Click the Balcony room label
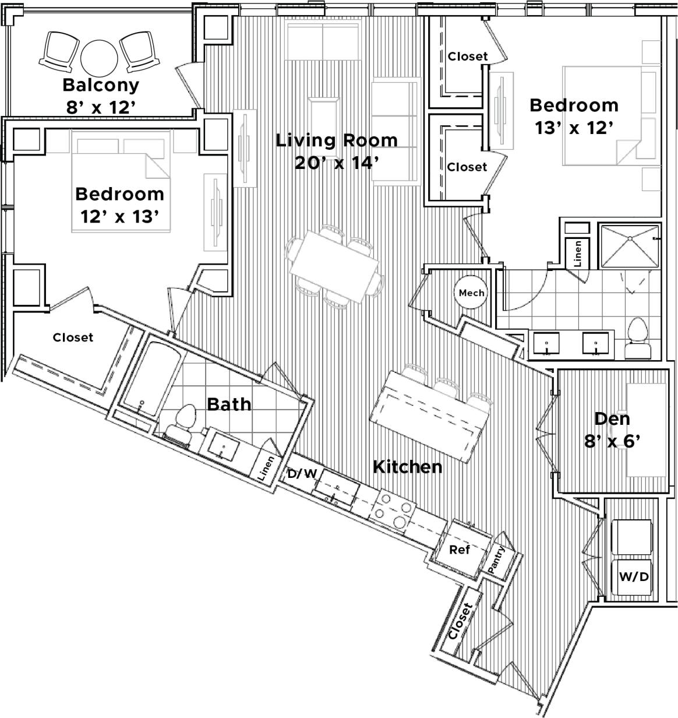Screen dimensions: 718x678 101,85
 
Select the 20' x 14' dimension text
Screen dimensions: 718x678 337,163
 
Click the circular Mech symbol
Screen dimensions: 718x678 471,293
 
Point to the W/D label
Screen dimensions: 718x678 634,577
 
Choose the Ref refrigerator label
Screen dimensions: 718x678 459,549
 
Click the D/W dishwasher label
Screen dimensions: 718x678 302,474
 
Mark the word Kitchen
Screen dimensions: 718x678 407,467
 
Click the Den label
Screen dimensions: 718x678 612,418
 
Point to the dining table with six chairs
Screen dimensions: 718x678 336,266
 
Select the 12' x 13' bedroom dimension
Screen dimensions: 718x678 119,217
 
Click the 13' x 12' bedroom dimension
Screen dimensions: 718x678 574,128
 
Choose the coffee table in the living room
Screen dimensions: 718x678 324,117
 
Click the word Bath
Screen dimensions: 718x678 229,404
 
